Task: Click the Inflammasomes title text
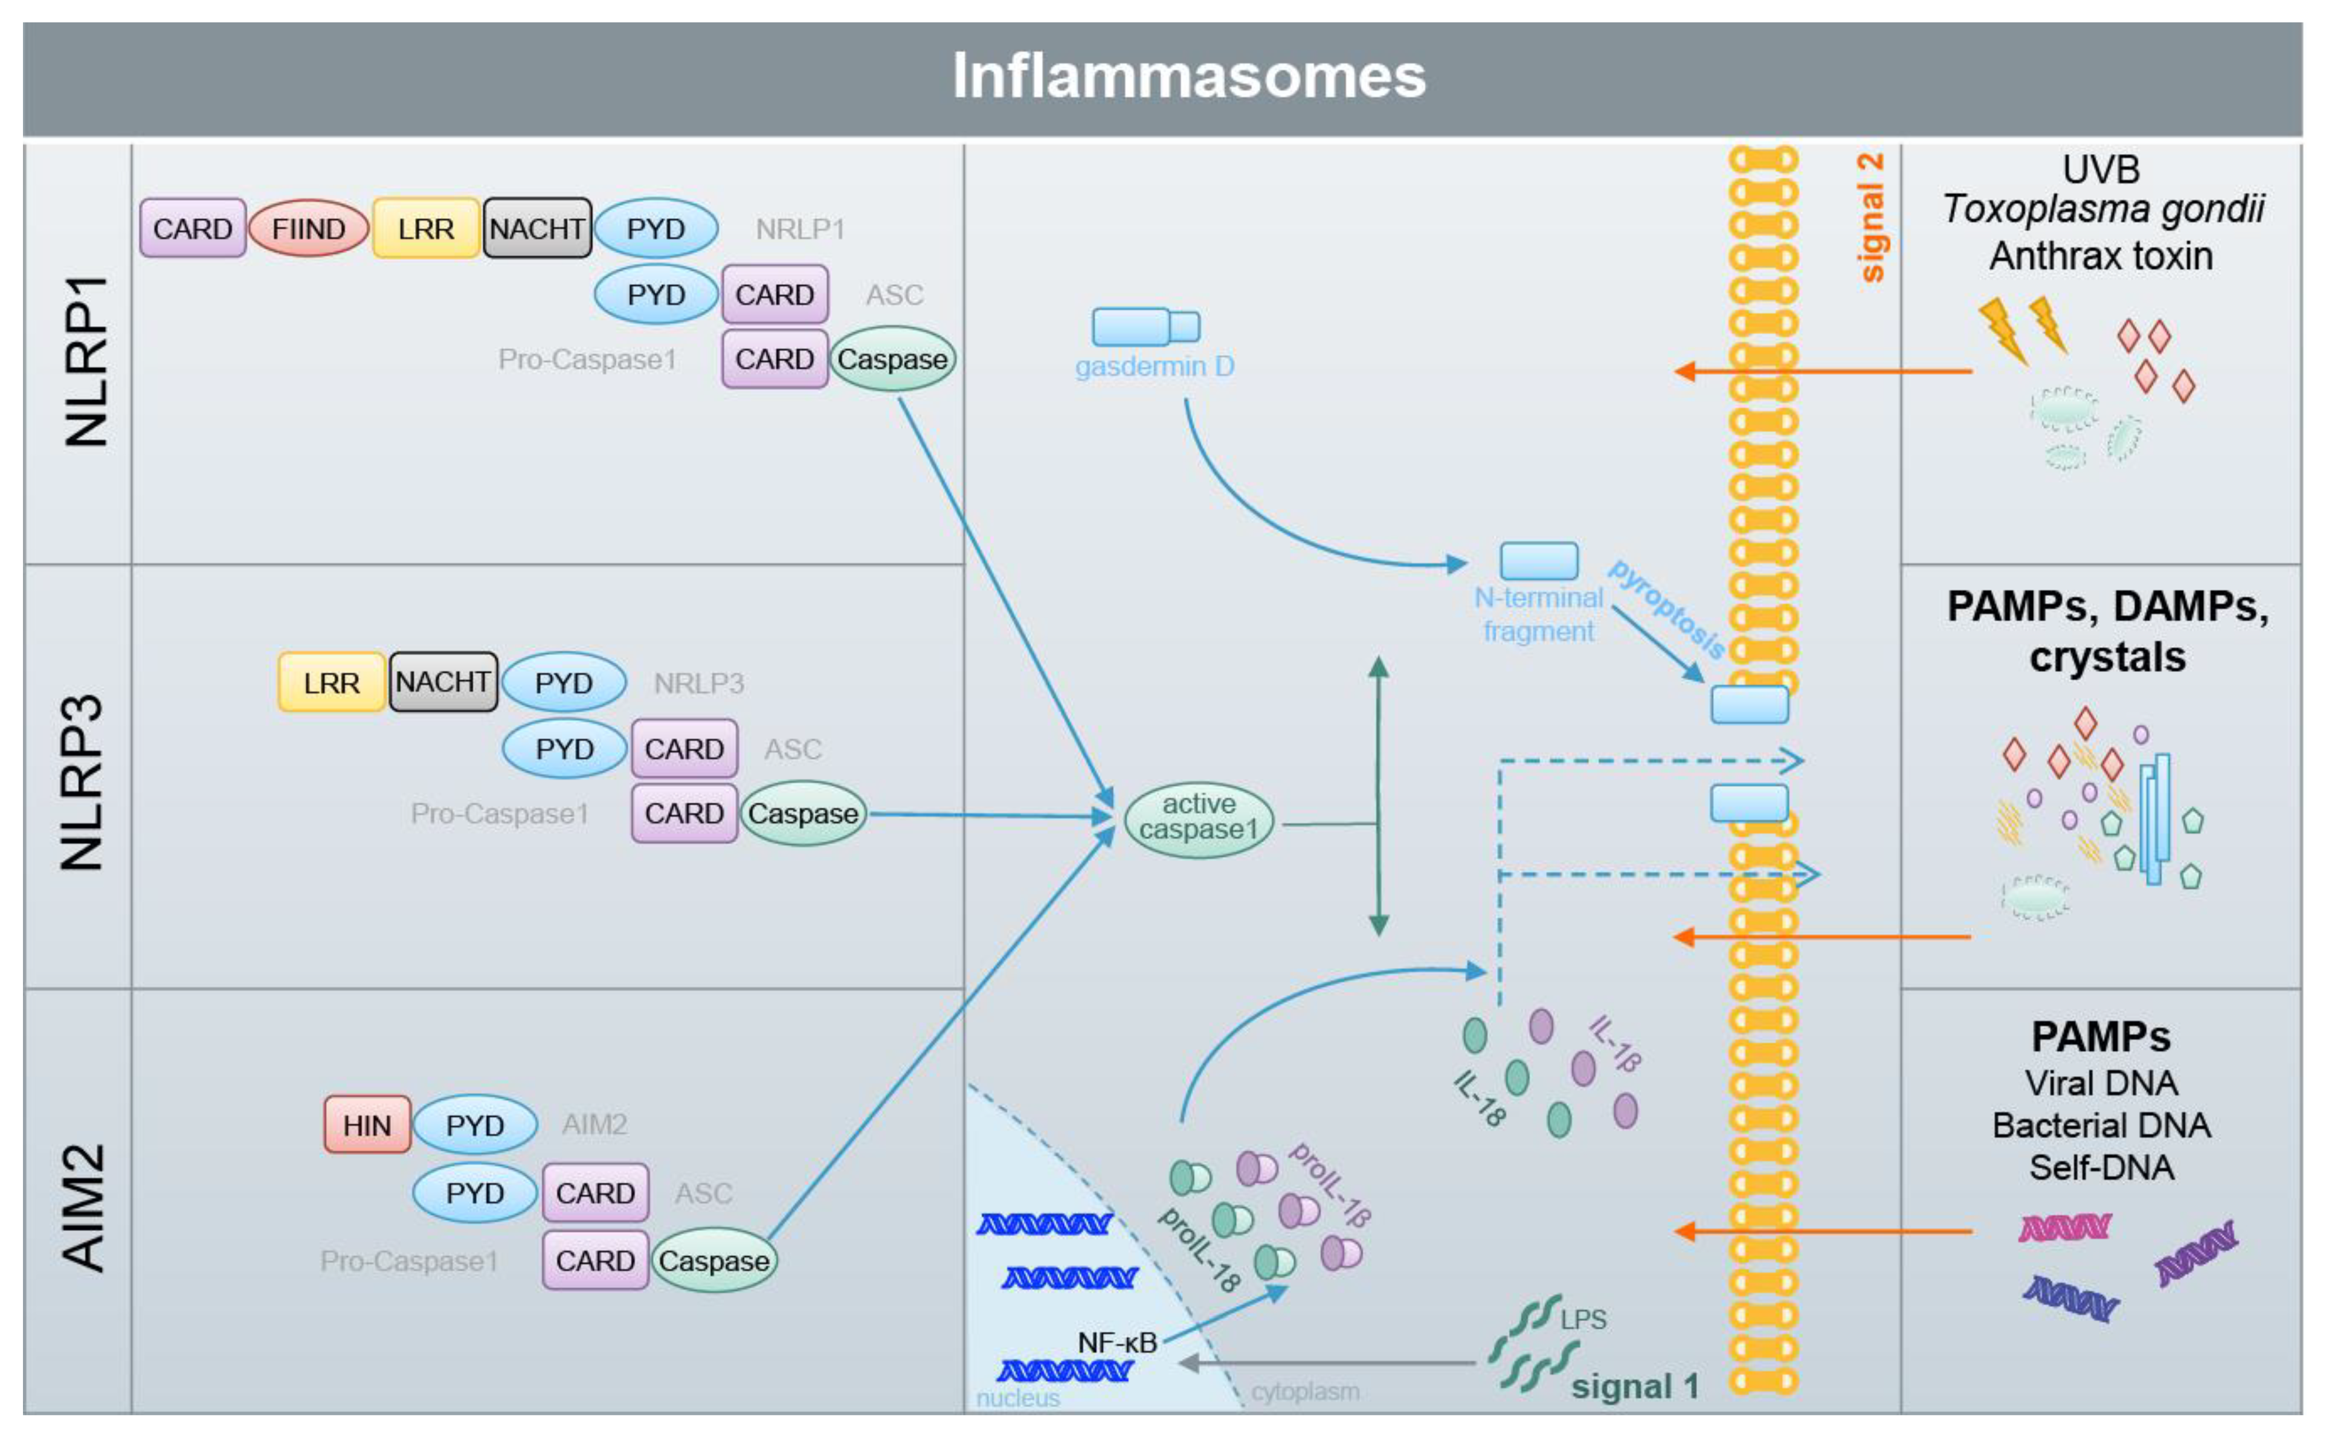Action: click(x=1188, y=76)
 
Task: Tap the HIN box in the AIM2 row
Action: click(x=367, y=1125)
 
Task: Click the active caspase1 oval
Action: click(x=1198, y=817)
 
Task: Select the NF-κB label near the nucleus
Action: click(x=1117, y=1343)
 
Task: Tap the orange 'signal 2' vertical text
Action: click(x=1871, y=217)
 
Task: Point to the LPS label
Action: click(x=1582, y=1319)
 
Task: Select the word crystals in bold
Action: click(x=2107, y=657)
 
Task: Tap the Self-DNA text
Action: click(x=2101, y=1167)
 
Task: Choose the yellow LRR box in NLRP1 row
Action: click(x=425, y=228)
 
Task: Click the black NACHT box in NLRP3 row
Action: click(x=443, y=682)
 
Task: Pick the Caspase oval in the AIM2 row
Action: click(x=713, y=1261)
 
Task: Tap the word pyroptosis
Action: click(x=1666, y=610)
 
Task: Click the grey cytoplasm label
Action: click(x=1304, y=1392)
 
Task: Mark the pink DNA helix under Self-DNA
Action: click(x=2064, y=1228)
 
